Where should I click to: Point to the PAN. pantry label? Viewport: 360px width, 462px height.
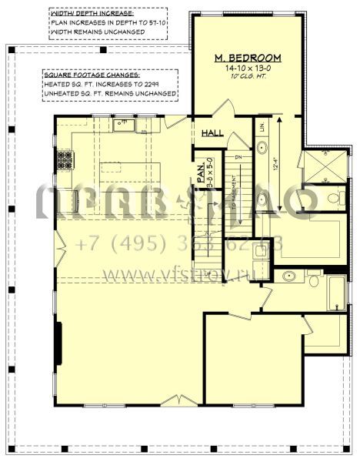tap(199, 170)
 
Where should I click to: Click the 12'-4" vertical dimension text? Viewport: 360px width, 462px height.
tap(275, 164)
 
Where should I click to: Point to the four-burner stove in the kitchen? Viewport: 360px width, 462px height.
tap(65, 161)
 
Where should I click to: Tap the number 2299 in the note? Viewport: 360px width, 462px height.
tap(164, 85)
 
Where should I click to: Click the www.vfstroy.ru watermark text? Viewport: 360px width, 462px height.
tap(178, 273)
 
